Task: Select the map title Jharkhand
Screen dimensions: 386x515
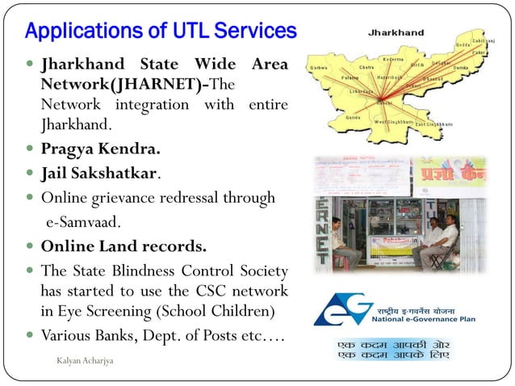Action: [x=396, y=33]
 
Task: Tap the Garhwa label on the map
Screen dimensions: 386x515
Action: [x=318, y=68]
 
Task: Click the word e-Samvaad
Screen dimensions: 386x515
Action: [x=88, y=221]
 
